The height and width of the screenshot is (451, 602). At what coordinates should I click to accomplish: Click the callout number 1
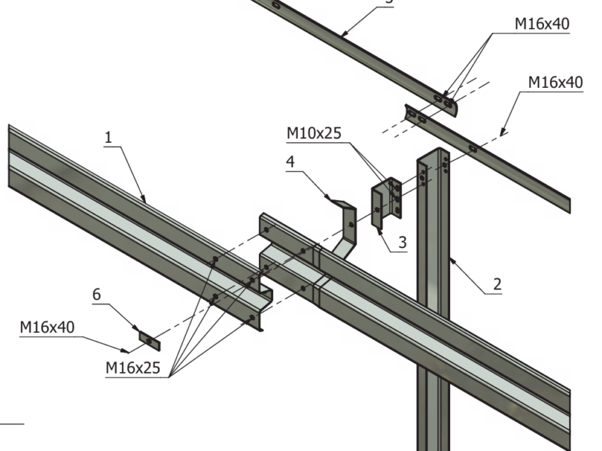[x=108, y=138]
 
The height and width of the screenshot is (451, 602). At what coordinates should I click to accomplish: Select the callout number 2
[x=497, y=284]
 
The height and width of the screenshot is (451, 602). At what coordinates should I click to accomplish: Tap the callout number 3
[x=403, y=242]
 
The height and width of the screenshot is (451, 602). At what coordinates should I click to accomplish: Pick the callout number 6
[x=96, y=295]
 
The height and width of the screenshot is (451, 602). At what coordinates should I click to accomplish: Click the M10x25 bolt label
[x=314, y=134]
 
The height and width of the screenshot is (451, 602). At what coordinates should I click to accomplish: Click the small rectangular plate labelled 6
[x=149, y=341]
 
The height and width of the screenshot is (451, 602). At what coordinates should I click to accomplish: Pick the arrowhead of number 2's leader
[x=449, y=258]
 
